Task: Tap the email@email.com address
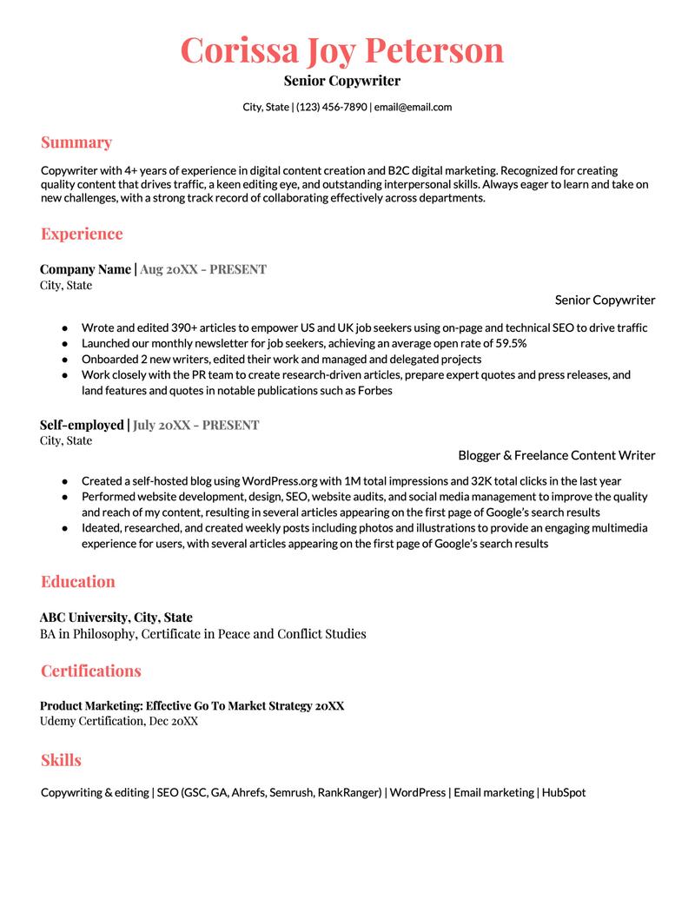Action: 413,107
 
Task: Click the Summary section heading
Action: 76,142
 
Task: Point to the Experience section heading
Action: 82,234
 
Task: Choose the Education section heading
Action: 77,582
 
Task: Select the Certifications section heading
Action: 90,671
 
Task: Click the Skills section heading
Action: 61,760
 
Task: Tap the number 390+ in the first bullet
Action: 191,328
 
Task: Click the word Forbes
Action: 373,391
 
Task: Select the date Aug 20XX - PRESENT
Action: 203,269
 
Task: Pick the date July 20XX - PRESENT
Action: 196,426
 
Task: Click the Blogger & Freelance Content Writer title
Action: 556,455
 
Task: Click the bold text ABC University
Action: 83,618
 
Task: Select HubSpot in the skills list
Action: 564,793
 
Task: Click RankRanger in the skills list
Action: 349,793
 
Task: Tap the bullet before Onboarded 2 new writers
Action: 64,360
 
